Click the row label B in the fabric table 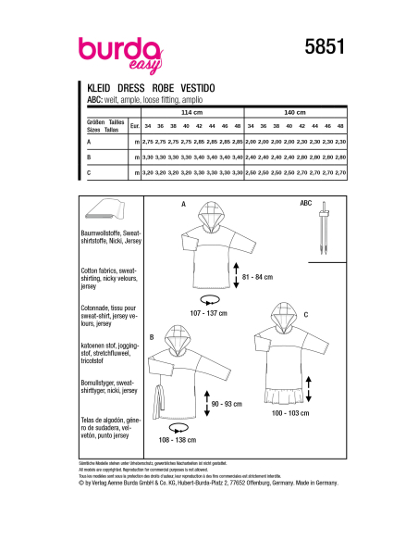click(x=88, y=157)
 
